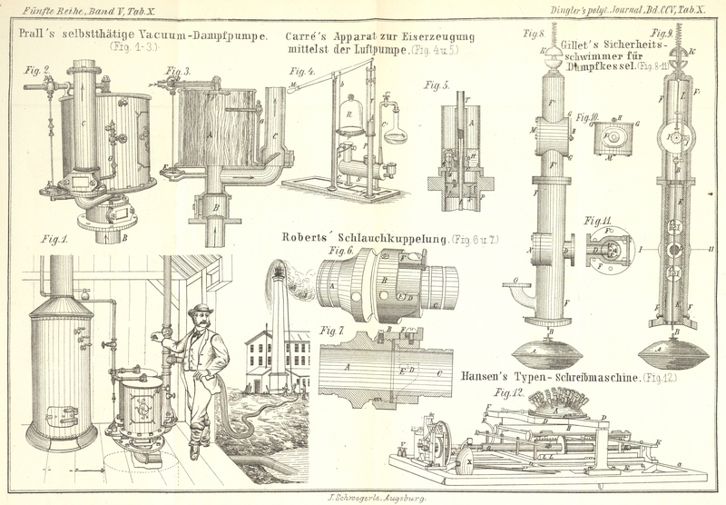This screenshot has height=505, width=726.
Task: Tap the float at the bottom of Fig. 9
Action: coord(674,349)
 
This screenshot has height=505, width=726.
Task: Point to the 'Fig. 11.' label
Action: coord(597,221)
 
